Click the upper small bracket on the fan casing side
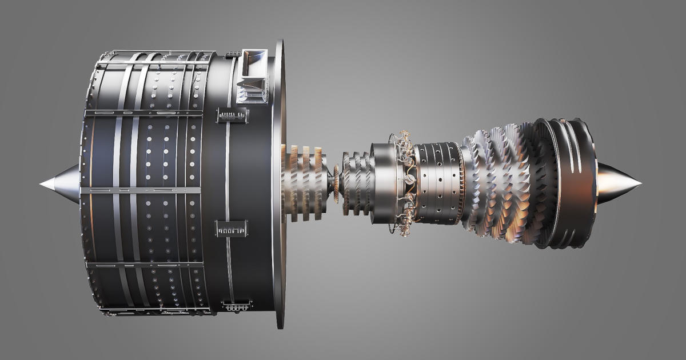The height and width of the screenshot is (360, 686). click(231, 116)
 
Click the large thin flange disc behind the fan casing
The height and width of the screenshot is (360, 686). click(278, 183)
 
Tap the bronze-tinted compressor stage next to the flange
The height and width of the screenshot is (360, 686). click(303, 183)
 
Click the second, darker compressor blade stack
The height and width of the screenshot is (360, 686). click(358, 183)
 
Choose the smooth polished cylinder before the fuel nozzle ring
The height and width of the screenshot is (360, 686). click(381, 183)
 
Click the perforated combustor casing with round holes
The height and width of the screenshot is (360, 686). click(437, 183)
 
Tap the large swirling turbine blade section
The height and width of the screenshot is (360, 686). click(503, 183)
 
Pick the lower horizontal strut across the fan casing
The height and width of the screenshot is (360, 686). click(143, 265)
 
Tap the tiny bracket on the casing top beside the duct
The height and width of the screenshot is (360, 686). click(232, 55)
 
